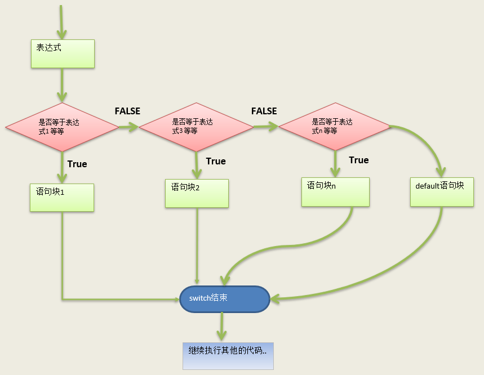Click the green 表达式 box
coord(62,54)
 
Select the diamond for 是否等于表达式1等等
coord(62,127)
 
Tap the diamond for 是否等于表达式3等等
coord(196,127)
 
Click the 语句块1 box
coord(62,197)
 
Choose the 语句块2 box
coord(197,193)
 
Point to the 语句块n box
coord(335,192)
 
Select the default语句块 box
coord(441,192)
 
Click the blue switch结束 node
coord(225,299)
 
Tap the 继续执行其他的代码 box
coord(228,355)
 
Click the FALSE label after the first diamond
coord(127,111)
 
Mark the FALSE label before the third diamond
coord(264,111)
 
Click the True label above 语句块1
coord(77,164)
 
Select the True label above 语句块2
coord(216,161)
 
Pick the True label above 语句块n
coord(359,160)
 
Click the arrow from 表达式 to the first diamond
coord(62,84)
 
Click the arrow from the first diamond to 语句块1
coord(62,166)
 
